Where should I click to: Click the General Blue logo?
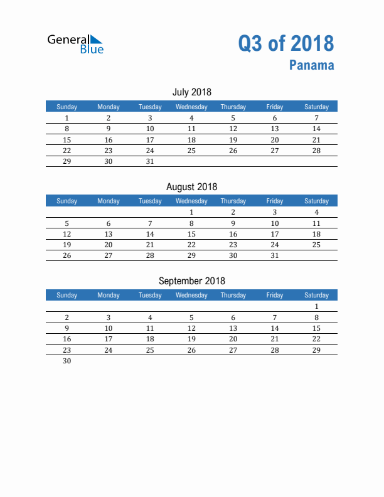tap(75, 43)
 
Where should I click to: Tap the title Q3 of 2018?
tap(285, 43)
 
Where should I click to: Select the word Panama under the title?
tap(312, 65)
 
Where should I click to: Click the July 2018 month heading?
tap(191, 92)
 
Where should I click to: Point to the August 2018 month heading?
tap(191, 186)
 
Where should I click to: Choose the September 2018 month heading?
tap(191, 281)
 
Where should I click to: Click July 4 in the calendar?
tap(191, 118)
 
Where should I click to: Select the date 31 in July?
tap(150, 161)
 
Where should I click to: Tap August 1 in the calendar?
tap(191, 212)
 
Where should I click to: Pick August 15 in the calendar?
tap(191, 234)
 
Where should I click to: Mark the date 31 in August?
tap(274, 255)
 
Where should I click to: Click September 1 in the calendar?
tap(316, 307)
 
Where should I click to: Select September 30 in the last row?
tap(67, 361)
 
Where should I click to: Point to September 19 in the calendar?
tap(191, 339)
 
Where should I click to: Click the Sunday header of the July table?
tap(67, 107)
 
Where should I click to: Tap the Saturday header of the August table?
tap(316, 201)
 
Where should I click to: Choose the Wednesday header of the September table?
tap(191, 295)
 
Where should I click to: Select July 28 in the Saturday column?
tap(316, 151)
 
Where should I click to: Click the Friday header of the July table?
tap(274, 107)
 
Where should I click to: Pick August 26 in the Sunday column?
tap(67, 255)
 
